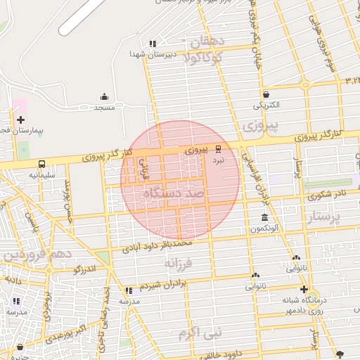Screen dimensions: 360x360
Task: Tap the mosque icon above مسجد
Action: [105, 97]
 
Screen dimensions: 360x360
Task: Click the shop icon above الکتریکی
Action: [266, 94]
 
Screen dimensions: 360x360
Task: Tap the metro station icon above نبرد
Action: [219, 149]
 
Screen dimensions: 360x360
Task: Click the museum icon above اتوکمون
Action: [264, 217]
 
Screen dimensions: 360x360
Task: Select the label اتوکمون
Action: [265, 229]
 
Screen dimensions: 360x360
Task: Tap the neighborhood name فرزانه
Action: [178, 263]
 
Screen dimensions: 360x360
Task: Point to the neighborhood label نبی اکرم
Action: [200, 330]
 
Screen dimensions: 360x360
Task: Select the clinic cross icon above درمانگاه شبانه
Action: [303, 289]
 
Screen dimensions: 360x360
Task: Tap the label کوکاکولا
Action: [203, 58]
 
